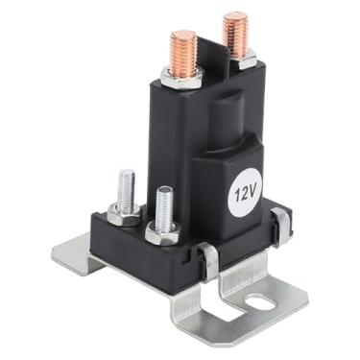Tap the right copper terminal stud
235,34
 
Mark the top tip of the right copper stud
235,16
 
